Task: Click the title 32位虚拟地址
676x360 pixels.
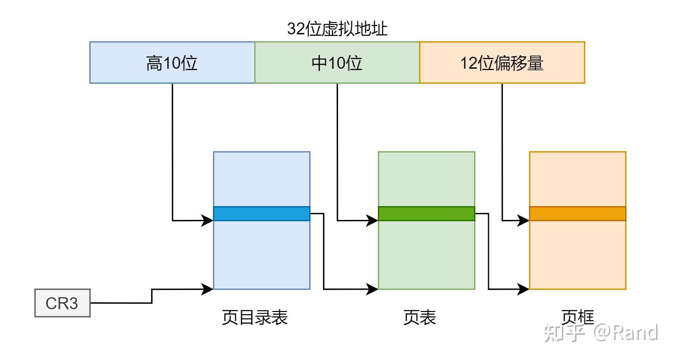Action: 338,29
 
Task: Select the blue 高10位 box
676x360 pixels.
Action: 172,63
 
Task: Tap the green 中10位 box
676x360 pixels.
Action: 337,63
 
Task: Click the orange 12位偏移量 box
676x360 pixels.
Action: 502,63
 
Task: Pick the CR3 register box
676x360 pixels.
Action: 62,303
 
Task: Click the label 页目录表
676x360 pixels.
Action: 255,317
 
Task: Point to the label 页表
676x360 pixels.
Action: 420,317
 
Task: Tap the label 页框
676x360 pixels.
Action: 578,317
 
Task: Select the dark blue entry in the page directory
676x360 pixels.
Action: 262,213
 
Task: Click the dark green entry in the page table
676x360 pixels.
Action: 426,213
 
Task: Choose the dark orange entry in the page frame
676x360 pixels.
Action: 578,213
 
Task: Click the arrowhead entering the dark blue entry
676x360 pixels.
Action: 209,221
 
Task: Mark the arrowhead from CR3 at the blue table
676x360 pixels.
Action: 209,289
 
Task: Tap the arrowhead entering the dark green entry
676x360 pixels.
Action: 374,221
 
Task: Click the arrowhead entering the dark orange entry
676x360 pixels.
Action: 525,221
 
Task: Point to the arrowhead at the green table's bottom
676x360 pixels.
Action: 374,289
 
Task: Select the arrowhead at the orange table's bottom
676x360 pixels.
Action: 525,289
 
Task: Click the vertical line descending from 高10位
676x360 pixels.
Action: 172,151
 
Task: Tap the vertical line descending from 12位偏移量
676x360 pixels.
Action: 502,151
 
